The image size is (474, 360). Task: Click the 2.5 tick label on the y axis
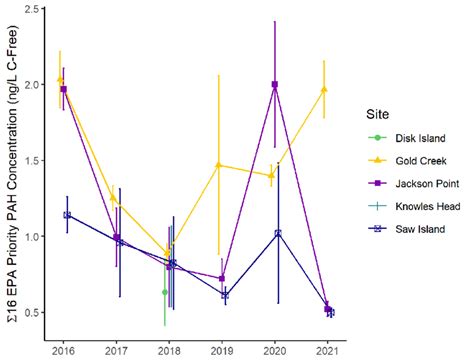(x=34, y=9)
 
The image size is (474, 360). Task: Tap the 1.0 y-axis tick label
(x=34, y=237)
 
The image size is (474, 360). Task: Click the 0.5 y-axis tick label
(x=34, y=313)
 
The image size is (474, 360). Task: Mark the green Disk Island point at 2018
(x=165, y=292)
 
